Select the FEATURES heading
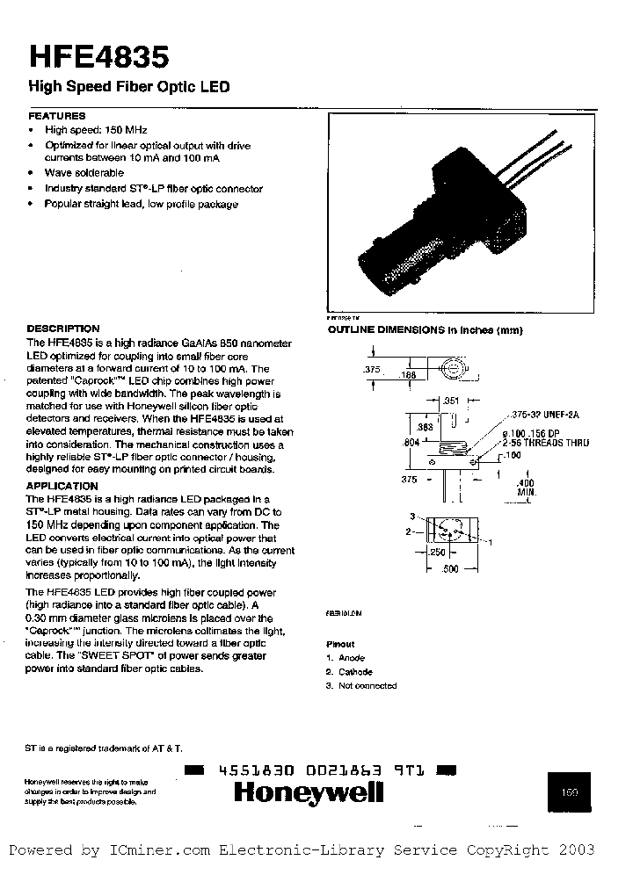coord(57,116)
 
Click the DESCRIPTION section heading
coord(63,329)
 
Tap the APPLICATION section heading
coord(62,486)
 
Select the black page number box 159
coord(571,791)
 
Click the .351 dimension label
coord(452,401)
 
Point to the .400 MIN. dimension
coord(525,488)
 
